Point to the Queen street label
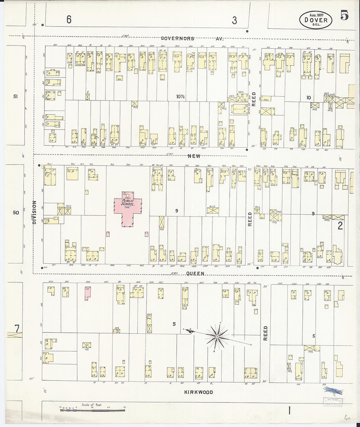(x=196, y=273)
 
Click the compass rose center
(x=217, y=336)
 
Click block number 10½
(x=180, y=97)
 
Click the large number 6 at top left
(x=69, y=20)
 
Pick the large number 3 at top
(x=234, y=20)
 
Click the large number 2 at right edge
(x=340, y=225)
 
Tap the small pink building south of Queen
(x=87, y=294)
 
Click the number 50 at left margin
(x=16, y=213)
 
